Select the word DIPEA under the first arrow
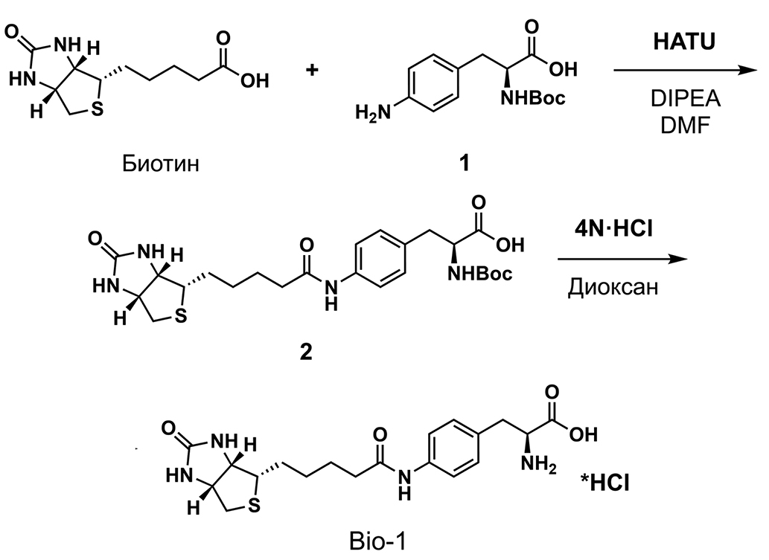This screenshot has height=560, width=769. pyautogui.click(x=685, y=99)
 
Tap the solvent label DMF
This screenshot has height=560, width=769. pyautogui.click(x=685, y=126)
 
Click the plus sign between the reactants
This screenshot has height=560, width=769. pyautogui.click(x=312, y=70)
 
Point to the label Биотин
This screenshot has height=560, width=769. pyautogui.click(x=161, y=164)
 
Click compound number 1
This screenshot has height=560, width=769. pyautogui.click(x=464, y=163)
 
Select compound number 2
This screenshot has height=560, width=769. pyautogui.click(x=305, y=352)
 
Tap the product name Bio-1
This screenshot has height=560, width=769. pyautogui.click(x=378, y=541)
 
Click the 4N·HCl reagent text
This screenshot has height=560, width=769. pyautogui.click(x=614, y=228)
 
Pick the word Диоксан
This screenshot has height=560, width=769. pyautogui.click(x=613, y=287)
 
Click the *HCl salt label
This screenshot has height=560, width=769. pyautogui.click(x=605, y=483)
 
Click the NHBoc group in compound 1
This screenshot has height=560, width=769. pyautogui.click(x=532, y=98)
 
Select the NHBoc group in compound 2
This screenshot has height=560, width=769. pyautogui.click(x=479, y=274)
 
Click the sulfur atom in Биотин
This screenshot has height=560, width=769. pyautogui.click(x=98, y=109)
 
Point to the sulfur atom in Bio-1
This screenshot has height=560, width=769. pyautogui.click(x=254, y=505)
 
